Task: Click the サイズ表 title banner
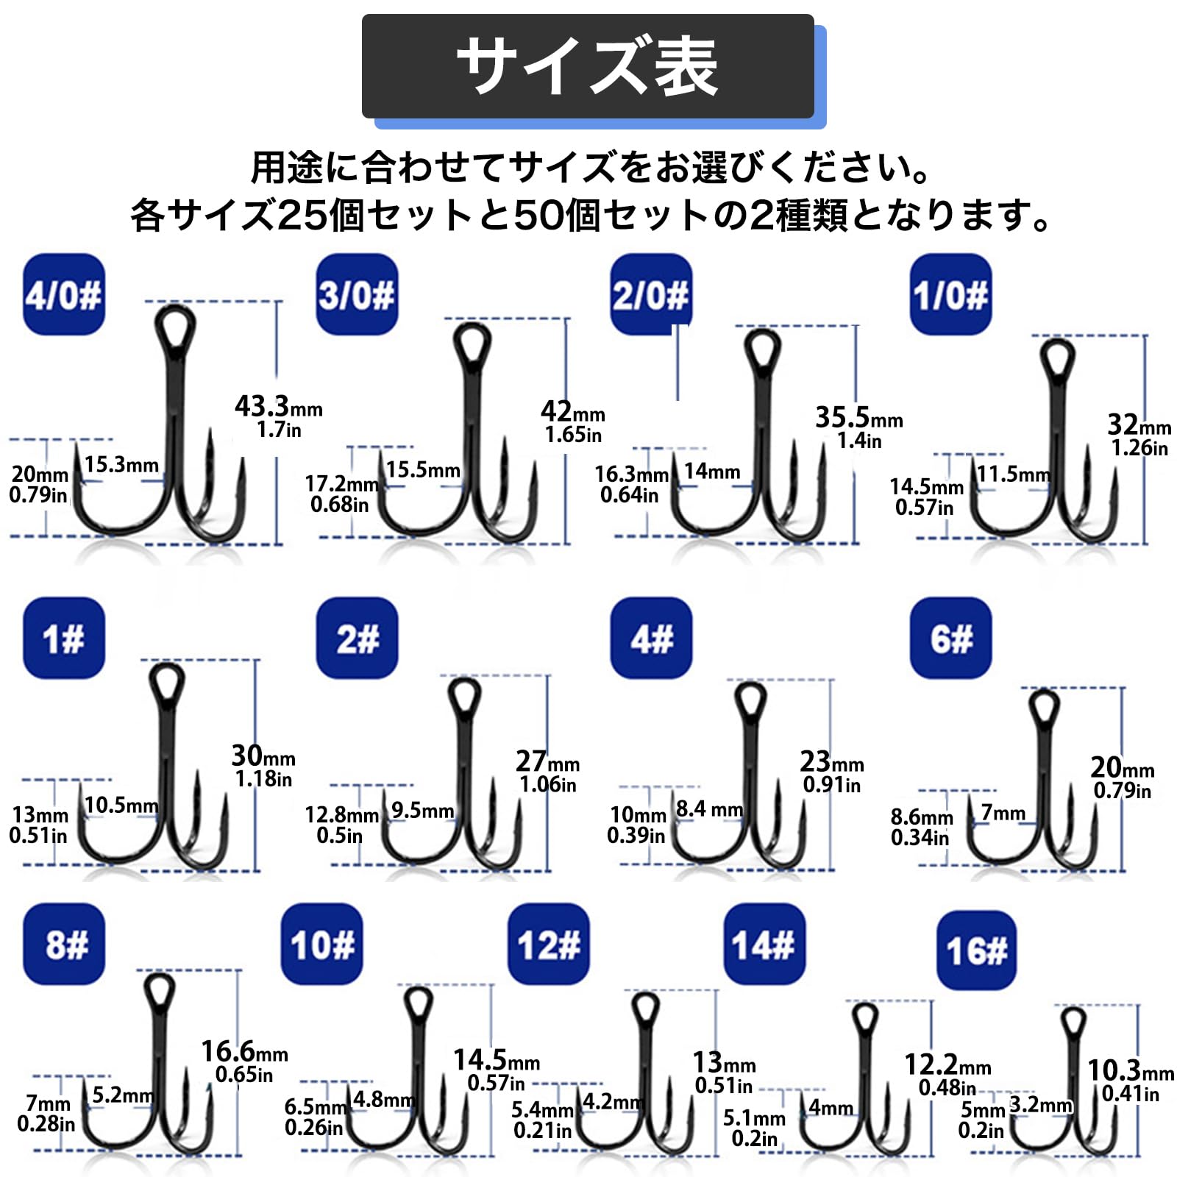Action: pos(588,66)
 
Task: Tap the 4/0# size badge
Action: pos(64,294)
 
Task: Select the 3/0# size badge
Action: pos(357,294)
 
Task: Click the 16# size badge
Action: pos(976,950)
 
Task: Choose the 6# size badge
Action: pos(950,638)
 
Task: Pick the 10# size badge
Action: pos(322,944)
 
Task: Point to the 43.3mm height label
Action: pos(278,406)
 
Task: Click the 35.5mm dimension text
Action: pos(858,418)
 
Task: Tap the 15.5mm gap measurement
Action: pos(423,469)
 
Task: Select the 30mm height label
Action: pos(263,756)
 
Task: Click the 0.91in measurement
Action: pos(831,785)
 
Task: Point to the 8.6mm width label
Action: pos(921,817)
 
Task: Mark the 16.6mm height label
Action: pos(244,1051)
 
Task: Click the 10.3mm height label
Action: pos(1131,1070)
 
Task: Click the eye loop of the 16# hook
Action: pos(1073,1022)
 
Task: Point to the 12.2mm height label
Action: pos(947,1064)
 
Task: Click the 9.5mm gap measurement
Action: pos(422,810)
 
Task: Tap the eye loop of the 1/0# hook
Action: pos(1057,357)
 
